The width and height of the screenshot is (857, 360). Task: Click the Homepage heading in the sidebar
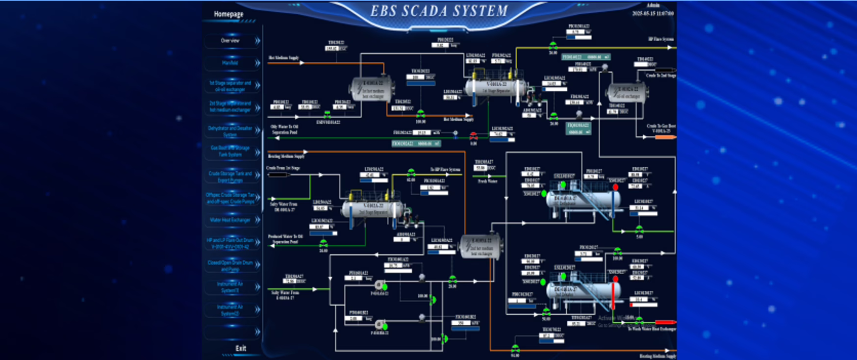[x=228, y=14]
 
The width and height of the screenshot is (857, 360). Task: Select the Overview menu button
[x=230, y=41]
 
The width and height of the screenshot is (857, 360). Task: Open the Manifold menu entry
[x=230, y=63]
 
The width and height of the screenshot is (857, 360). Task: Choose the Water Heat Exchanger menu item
[x=230, y=220]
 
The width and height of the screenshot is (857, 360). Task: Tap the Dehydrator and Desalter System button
[x=230, y=131]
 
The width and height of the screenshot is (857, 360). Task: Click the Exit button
[x=240, y=348]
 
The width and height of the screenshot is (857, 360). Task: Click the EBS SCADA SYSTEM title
[x=439, y=11]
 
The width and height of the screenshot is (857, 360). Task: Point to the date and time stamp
[x=653, y=14]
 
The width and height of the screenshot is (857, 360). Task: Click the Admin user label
[x=653, y=5]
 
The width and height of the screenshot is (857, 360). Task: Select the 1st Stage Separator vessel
[x=495, y=87]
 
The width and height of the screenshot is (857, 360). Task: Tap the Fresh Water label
[x=487, y=181]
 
